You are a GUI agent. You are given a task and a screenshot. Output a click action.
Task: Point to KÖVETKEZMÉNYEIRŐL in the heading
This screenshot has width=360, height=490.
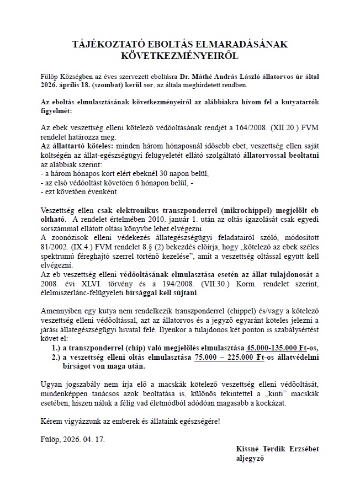(x=179, y=56)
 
